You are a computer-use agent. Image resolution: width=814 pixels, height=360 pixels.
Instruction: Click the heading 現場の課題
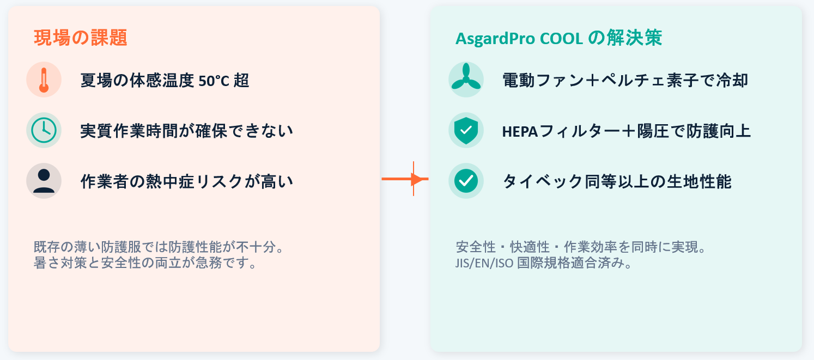80,38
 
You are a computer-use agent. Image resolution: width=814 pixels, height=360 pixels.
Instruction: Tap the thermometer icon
44,80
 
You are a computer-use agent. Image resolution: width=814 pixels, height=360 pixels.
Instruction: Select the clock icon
44,130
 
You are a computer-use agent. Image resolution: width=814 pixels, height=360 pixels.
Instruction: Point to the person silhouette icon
44,181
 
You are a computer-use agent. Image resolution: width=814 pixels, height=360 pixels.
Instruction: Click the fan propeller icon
466,77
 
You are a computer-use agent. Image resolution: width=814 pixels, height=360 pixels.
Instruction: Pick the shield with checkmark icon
466,130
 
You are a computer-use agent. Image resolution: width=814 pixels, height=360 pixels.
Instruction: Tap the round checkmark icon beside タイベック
466,181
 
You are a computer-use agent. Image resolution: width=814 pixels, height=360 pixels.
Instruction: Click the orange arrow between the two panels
405,179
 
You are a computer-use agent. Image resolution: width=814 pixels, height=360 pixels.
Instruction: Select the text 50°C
214,81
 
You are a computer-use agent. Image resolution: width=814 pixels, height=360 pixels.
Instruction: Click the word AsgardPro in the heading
495,39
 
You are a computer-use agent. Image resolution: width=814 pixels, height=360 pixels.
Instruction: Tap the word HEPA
520,131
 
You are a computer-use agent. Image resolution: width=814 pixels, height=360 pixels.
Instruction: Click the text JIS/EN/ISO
484,263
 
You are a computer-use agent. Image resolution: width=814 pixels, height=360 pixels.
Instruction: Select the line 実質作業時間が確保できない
186,131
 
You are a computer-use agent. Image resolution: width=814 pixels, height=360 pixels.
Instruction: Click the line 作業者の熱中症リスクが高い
186,182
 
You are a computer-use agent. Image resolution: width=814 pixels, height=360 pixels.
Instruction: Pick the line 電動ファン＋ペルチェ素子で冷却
625,80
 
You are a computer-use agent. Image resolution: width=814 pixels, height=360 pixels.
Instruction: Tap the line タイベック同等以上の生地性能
617,182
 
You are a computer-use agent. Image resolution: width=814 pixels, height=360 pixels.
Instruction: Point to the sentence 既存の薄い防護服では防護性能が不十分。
159,247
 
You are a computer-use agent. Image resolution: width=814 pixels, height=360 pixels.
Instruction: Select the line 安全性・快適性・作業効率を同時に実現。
581,247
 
